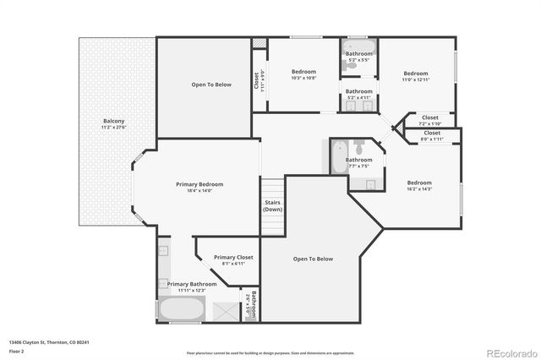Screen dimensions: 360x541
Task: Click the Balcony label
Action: [x=113, y=122]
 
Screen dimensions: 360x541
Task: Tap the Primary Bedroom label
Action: [x=199, y=184]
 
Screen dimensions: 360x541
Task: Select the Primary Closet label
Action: [x=233, y=257]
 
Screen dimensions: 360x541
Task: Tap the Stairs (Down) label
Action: [x=272, y=205]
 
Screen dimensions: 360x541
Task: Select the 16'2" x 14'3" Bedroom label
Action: [x=419, y=183]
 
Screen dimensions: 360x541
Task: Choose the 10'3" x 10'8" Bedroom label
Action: [x=303, y=73]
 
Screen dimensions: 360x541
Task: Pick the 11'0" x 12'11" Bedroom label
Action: [x=415, y=74]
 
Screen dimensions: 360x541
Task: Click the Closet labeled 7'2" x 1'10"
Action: [x=430, y=118]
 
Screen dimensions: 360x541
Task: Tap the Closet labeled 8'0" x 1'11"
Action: [x=432, y=134]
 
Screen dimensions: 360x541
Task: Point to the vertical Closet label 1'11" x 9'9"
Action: [x=257, y=81]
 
